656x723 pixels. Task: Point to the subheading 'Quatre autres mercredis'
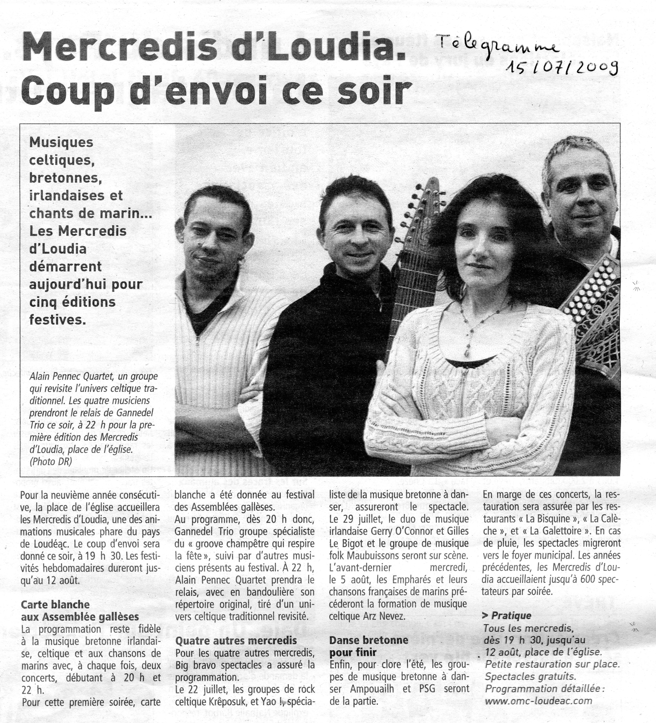236,640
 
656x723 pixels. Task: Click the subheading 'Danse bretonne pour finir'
369,645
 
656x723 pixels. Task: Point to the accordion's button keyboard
592,287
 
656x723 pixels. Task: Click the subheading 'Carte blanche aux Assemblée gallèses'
80,610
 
